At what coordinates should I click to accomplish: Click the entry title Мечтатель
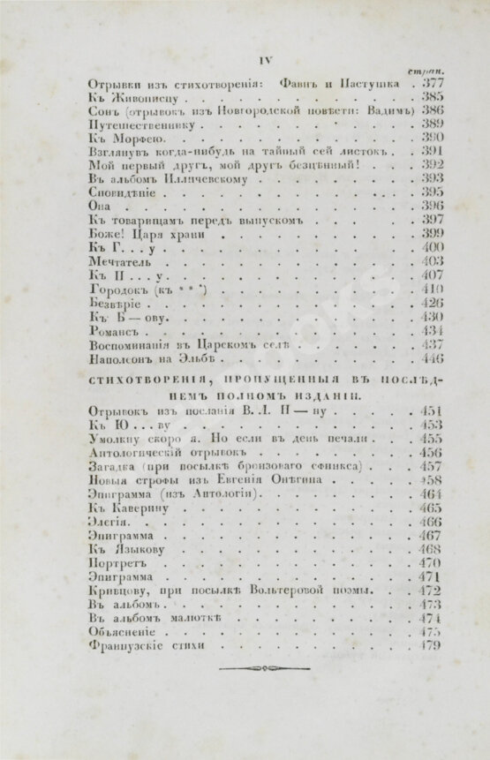click(x=121, y=262)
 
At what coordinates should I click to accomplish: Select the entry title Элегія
click(x=110, y=522)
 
